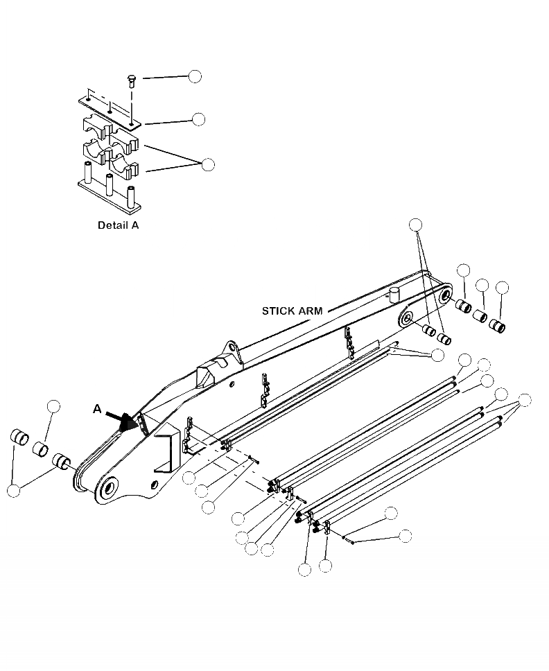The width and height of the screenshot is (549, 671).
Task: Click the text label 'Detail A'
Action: click(x=118, y=225)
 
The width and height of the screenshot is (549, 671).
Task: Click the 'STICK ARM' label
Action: click(x=292, y=311)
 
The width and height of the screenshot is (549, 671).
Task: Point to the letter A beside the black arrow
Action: click(x=97, y=410)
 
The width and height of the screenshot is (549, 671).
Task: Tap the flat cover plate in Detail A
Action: click(x=110, y=110)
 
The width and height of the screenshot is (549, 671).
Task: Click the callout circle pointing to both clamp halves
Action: click(x=207, y=164)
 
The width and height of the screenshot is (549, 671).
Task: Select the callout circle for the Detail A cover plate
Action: click(x=199, y=119)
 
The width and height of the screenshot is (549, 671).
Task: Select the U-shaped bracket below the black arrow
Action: click(x=166, y=454)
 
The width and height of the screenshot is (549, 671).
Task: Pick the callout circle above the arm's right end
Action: click(x=415, y=224)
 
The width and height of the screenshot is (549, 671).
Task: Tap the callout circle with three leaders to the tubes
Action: click(x=525, y=400)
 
